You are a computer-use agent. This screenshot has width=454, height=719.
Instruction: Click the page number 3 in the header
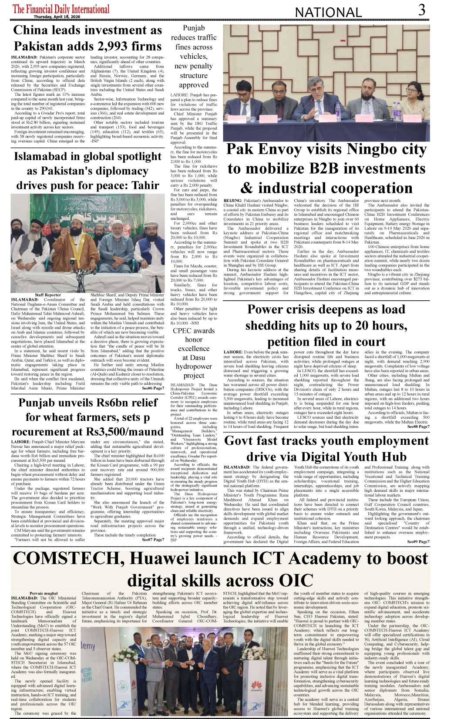[x=421, y=10]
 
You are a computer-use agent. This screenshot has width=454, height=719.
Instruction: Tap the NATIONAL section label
[x=328, y=13]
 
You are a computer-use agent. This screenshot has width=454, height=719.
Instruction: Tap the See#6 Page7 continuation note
[x=152, y=388]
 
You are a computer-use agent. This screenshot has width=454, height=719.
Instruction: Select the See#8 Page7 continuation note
[x=418, y=427]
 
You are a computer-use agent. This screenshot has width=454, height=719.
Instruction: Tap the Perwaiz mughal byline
[x=44, y=593]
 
